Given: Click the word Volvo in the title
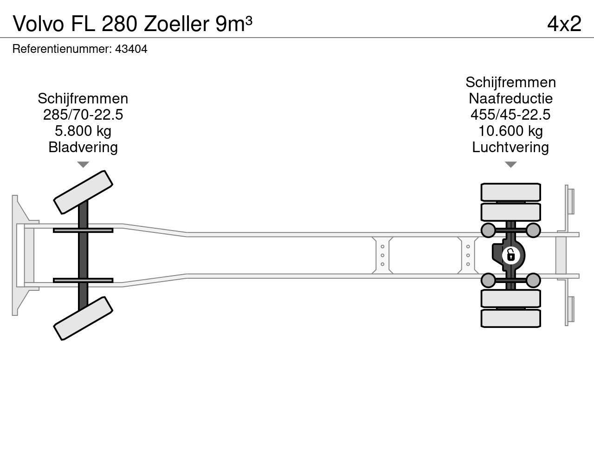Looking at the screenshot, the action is [x=39, y=24].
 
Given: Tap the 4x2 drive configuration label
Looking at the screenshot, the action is [x=564, y=24].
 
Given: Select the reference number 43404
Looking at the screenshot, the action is [x=131, y=49].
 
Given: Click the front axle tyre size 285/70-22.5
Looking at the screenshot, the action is [x=83, y=115].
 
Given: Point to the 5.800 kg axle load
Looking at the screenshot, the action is [x=83, y=131].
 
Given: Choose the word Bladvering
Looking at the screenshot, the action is [x=83, y=147].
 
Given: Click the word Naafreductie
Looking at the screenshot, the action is [x=510, y=98].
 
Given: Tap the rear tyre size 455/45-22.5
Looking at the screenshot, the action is [x=510, y=115].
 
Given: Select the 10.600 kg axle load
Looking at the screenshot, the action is [x=510, y=131].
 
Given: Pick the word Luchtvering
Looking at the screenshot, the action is [x=510, y=147].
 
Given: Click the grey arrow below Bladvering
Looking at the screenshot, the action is [x=83, y=164].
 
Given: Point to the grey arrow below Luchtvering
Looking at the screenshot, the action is [x=510, y=164].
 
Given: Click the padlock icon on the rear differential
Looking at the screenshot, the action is [x=511, y=255].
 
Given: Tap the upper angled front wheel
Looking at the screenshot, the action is [x=83, y=192].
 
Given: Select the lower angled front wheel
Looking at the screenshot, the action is [x=83, y=318].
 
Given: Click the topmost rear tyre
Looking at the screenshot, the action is [x=510, y=192].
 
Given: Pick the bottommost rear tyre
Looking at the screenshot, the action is [x=510, y=319].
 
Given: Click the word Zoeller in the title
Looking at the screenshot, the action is [x=176, y=24].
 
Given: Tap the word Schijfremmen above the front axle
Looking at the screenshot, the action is [x=83, y=98].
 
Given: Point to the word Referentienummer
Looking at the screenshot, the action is [x=62, y=49].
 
